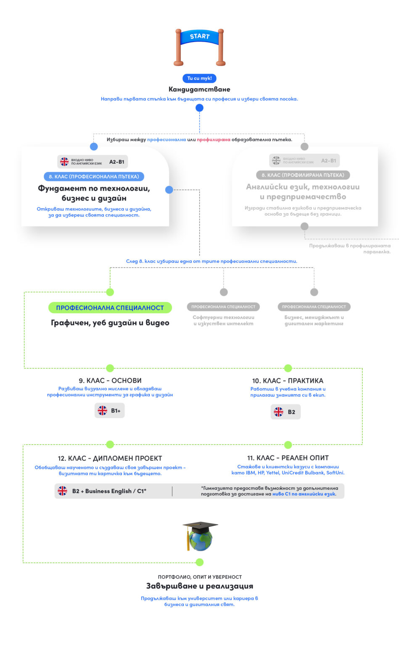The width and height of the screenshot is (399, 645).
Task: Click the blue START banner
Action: click(199, 37)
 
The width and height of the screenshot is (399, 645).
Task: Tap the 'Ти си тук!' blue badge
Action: click(199, 78)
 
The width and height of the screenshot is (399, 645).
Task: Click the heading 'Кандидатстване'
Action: click(199, 89)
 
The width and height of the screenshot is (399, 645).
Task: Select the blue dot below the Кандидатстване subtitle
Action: click(199, 108)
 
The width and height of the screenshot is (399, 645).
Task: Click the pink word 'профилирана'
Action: click(214, 139)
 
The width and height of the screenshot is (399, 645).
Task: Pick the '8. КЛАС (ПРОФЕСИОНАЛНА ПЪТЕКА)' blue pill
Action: click(94, 176)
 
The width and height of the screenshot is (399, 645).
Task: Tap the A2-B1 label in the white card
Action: click(117, 162)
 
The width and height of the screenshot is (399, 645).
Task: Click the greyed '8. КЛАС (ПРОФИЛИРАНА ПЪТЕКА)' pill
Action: click(303, 175)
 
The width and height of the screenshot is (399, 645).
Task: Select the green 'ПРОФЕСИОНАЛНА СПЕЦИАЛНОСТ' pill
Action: click(110, 308)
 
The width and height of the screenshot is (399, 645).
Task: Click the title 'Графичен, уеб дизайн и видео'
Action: click(110, 322)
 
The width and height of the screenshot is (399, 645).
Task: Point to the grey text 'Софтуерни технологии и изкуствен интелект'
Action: click(223, 320)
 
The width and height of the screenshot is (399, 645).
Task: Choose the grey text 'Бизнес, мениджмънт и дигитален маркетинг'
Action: click(314, 320)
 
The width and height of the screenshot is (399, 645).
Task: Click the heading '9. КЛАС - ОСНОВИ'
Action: click(110, 380)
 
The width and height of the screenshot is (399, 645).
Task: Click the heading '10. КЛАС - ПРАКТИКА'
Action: click(288, 380)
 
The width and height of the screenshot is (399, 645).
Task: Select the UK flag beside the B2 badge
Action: click(279, 412)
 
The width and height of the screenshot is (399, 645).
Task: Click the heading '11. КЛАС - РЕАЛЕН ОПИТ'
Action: click(288, 458)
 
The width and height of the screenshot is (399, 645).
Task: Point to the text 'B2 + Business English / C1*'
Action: click(109, 491)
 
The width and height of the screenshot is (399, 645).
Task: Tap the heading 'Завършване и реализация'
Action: click(199, 586)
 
